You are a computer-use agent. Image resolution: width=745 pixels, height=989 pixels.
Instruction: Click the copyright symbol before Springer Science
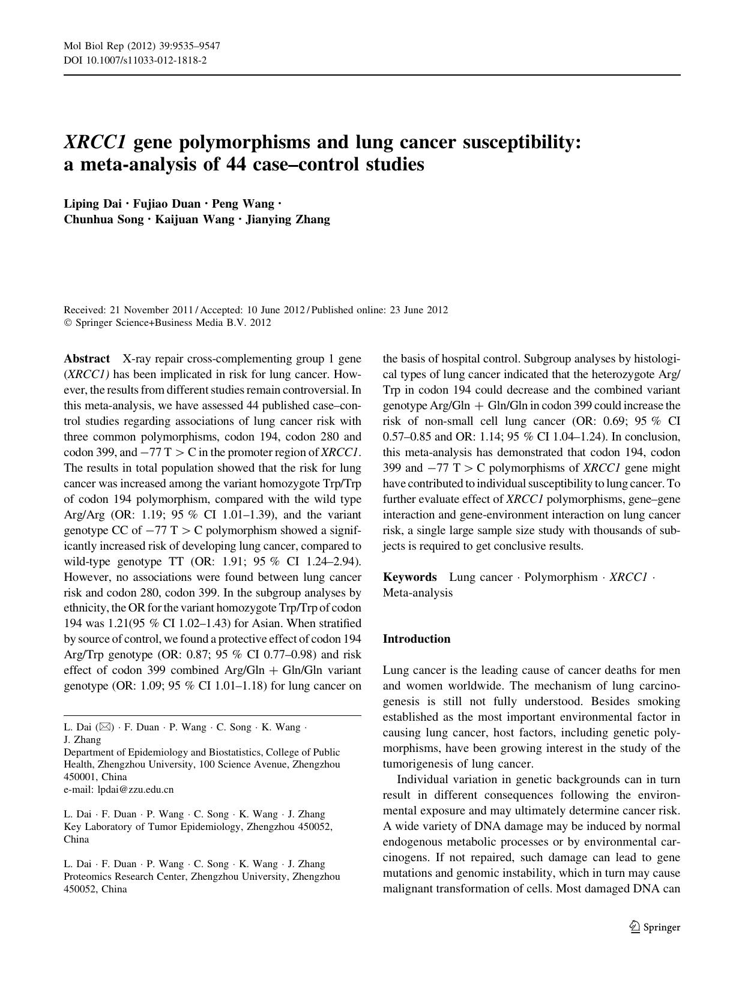[67, 323]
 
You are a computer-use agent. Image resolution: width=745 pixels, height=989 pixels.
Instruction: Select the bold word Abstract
[86, 359]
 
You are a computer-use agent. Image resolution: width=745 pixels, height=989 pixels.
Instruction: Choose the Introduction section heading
[416, 639]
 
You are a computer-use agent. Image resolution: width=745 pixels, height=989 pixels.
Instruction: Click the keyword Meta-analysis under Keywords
[418, 593]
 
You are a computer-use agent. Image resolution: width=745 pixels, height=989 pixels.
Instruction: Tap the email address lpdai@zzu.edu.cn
[135, 790]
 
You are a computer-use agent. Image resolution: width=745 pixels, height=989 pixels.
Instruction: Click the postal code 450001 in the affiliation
[79, 777]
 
